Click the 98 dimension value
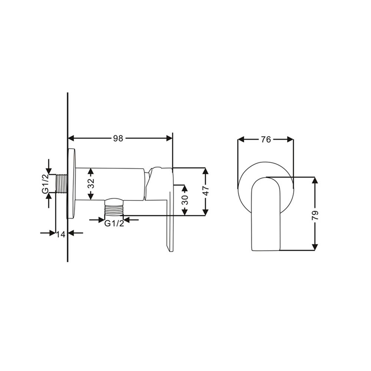(x=118, y=138)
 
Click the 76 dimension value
(x=266, y=139)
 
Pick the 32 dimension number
(x=91, y=184)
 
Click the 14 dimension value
(x=61, y=234)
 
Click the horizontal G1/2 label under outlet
(x=114, y=224)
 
